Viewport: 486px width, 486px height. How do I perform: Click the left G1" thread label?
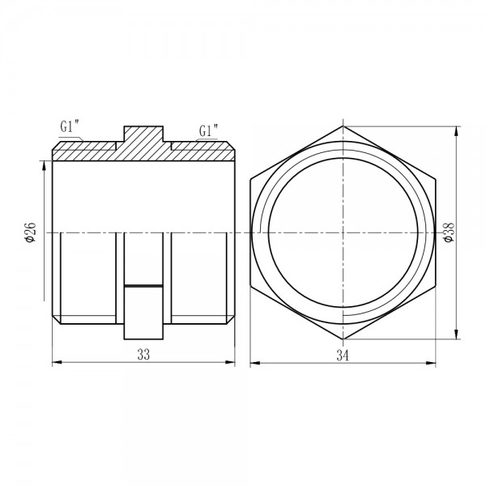coord(70,127)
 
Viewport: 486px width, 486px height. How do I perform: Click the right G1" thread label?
coord(208,130)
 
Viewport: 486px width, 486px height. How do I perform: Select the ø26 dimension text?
coord(31,232)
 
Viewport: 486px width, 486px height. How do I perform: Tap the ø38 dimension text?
coord(449,232)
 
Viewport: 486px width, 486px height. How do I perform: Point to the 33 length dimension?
coord(143,355)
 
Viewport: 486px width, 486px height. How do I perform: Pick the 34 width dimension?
coord(343,356)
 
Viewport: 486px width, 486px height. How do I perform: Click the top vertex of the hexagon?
coord(343,126)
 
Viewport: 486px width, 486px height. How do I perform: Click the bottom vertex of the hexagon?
coord(343,339)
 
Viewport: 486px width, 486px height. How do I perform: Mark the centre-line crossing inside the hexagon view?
coord(343,232)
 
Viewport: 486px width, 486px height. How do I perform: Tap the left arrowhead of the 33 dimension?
coord(57,362)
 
